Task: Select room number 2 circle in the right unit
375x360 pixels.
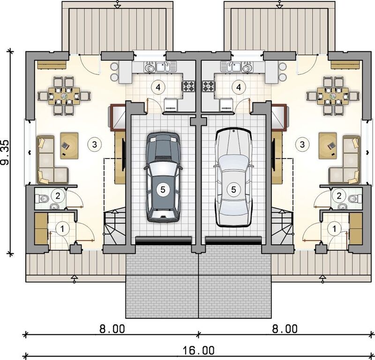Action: (337, 195)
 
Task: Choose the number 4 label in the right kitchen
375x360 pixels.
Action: (240, 87)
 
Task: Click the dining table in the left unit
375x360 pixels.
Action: (63, 96)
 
